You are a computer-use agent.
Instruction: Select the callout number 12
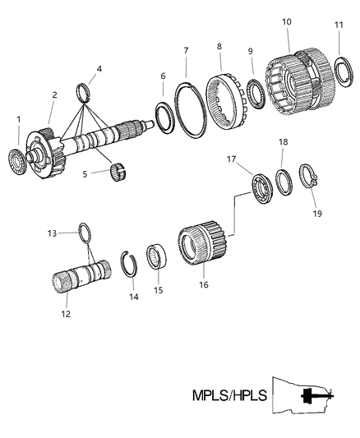(x=67, y=314)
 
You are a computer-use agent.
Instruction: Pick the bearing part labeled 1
(x=19, y=157)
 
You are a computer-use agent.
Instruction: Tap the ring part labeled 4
(x=85, y=90)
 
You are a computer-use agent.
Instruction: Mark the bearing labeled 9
(x=256, y=90)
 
